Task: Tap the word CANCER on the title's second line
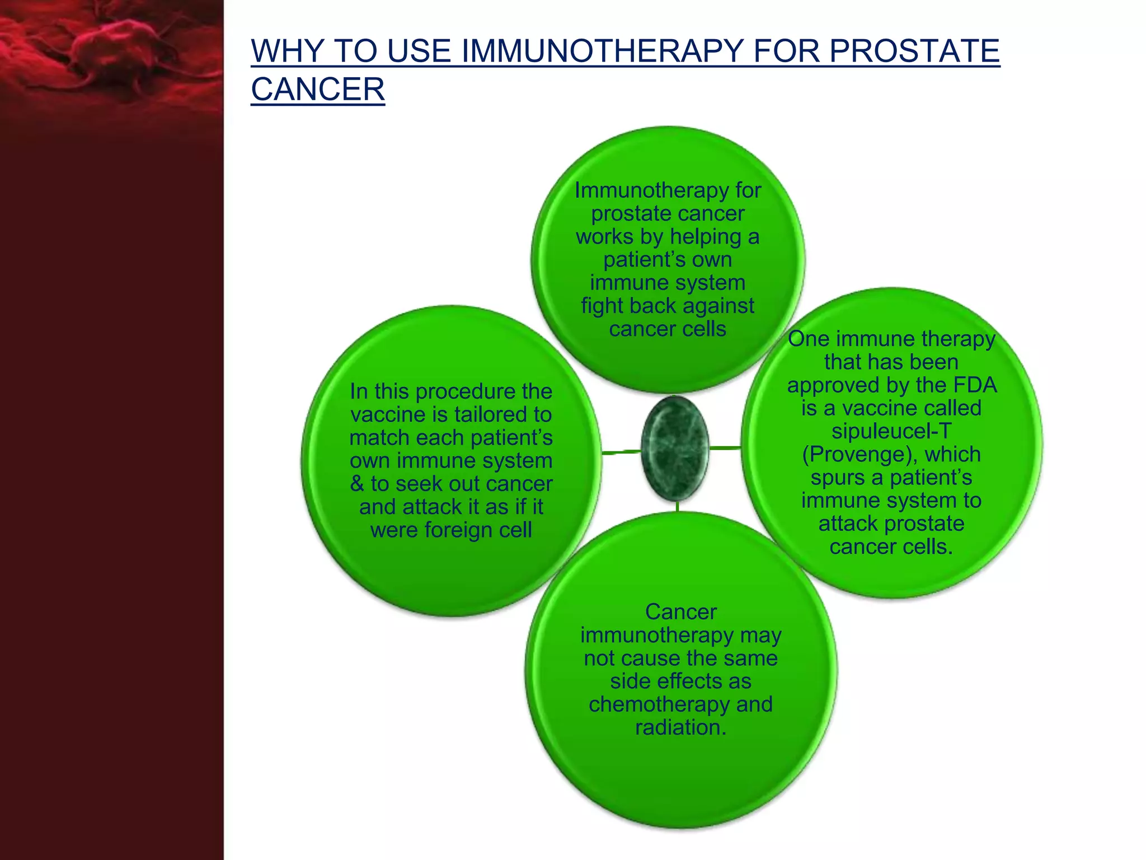pyautogui.click(x=318, y=90)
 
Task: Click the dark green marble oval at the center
pyautogui.click(x=675, y=448)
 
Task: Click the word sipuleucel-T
pyautogui.click(x=891, y=431)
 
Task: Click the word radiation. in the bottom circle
pyautogui.click(x=680, y=727)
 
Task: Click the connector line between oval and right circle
pyautogui.click(x=726, y=447)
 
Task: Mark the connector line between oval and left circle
pyautogui.click(x=621, y=451)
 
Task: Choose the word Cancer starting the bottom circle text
pyautogui.click(x=680, y=612)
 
